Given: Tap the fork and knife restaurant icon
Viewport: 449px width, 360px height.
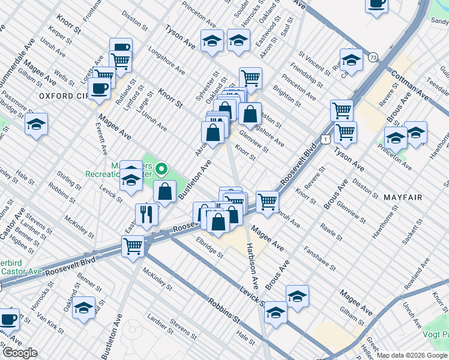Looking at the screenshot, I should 146,214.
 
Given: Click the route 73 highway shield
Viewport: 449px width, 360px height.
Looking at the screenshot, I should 373,57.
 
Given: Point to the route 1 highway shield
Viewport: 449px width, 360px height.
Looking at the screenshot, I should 324,139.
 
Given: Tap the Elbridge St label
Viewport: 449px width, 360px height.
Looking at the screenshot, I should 209,247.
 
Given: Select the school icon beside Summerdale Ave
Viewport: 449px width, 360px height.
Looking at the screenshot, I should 37,124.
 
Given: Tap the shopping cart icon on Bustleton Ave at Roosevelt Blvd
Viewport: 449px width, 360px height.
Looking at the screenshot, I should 133,245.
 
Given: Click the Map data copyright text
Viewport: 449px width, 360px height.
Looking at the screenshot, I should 412,355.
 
